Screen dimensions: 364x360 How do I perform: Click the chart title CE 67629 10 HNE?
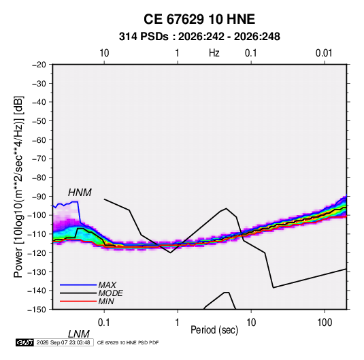click(199, 19)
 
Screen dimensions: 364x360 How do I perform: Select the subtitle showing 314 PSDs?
click(199, 37)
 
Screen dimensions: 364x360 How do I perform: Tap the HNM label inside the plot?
click(80, 193)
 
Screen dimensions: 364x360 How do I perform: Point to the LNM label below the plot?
click(78, 334)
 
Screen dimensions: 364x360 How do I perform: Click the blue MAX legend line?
click(78, 284)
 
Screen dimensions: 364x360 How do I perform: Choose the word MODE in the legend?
click(110, 293)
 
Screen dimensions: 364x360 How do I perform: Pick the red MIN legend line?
click(78, 301)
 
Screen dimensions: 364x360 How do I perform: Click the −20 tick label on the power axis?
click(39, 65)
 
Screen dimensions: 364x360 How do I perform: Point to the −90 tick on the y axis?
click(39, 196)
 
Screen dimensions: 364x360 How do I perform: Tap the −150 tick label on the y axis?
click(37, 310)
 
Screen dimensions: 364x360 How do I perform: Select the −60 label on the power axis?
click(39, 140)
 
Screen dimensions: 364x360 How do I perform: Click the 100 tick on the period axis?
click(325, 323)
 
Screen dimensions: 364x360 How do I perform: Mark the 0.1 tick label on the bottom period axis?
click(104, 323)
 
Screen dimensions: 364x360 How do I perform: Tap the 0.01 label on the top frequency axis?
click(324, 53)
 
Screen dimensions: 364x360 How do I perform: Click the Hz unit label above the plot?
click(214, 53)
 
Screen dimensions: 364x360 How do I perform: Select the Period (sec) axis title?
click(214, 330)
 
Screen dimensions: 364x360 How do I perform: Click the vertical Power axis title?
click(18, 187)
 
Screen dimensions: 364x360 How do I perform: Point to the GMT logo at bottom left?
click(25, 342)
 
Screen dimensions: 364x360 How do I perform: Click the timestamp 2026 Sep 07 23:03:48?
click(63, 342)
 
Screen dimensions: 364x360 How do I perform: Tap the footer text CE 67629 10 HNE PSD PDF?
click(128, 342)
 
